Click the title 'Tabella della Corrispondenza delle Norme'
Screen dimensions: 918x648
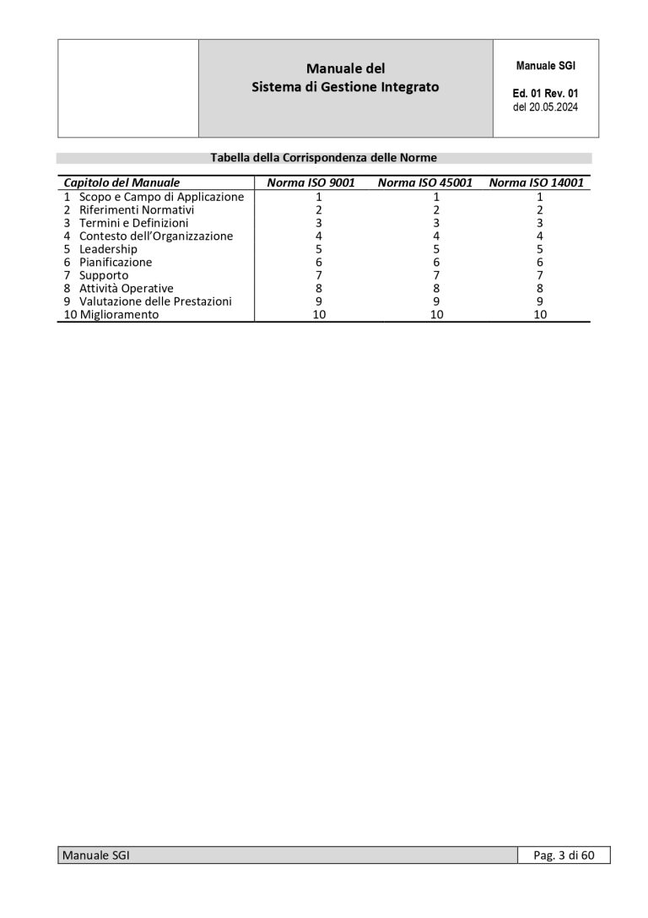(x=323, y=157)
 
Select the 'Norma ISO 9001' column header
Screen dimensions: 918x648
(x=310, y=182)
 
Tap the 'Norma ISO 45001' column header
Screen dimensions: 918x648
(x=424, y=182)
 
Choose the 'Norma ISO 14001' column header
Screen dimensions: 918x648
(x=536, y=182)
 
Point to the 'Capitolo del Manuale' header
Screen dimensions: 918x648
(x=121, y=182)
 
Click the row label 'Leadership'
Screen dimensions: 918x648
(x=108, y=249)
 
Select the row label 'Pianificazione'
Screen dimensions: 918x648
(x=116, y=262)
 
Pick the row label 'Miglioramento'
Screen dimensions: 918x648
(x=119, y=314)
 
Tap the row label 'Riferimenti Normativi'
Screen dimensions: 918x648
(x=137, y=209)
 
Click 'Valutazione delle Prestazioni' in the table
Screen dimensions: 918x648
(x=155, y=301)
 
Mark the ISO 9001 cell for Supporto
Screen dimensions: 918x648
(x=319, y=275)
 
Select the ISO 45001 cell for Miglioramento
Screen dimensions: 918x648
(x=437, y=314)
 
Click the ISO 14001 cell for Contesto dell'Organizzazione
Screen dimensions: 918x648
(x=540, y=236)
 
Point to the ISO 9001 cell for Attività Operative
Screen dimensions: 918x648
(x=319, y=288)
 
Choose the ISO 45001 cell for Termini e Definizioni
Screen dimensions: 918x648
(x=437, y=223)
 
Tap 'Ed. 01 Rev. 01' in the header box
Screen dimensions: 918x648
(x=545, y=94)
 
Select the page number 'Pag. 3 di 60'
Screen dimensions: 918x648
(x=564, y=856)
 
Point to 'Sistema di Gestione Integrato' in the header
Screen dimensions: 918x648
(x=345, y=87)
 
